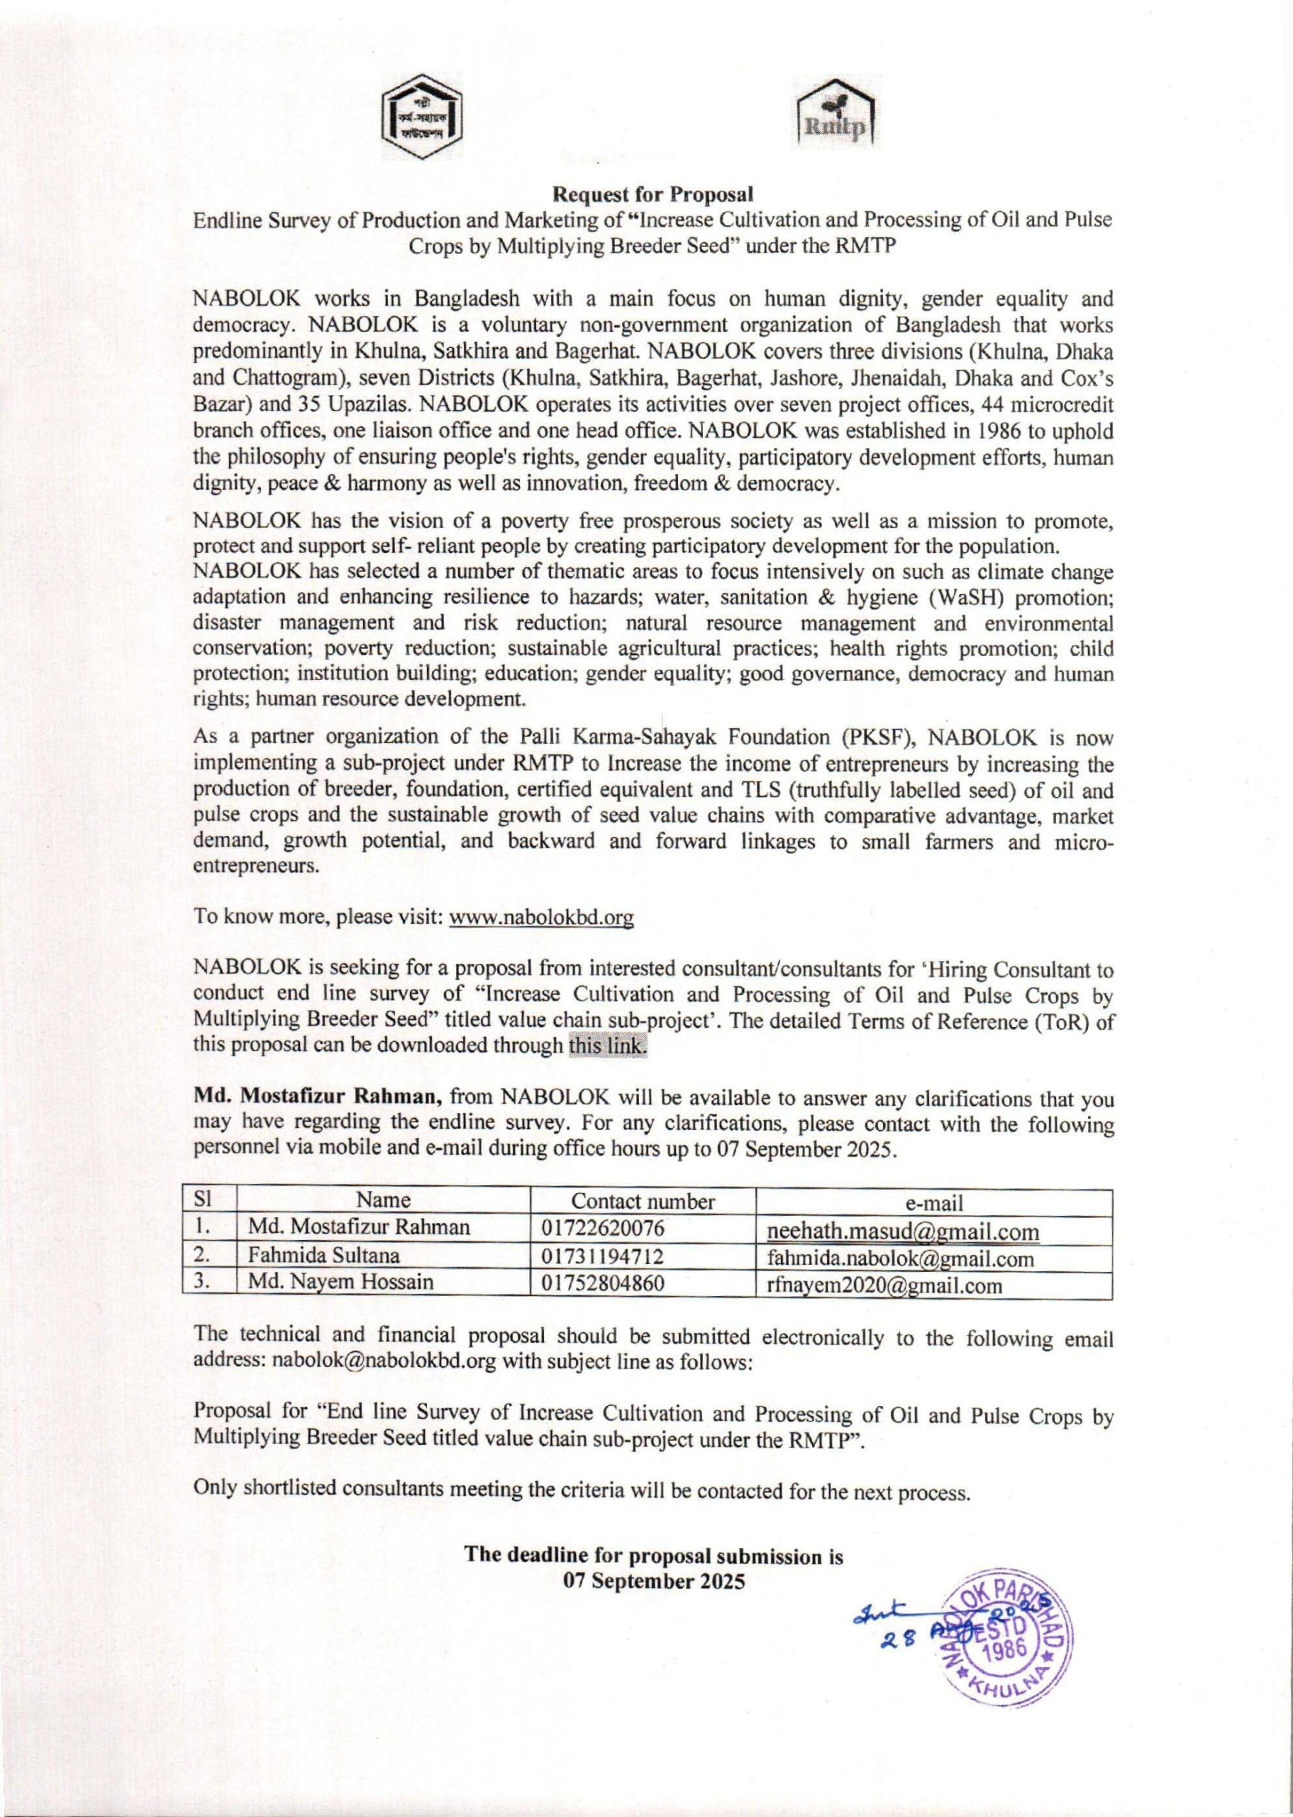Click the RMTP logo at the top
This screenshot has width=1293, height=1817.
[x=836, y=118]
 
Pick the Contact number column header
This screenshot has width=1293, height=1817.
[x=643, y=1201]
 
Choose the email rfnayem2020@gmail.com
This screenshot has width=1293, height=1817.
[x=884, y=1285]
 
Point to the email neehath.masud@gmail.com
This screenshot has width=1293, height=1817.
[x=903, y=1231]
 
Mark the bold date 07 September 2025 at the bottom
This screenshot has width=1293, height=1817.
[x=654, y=1581]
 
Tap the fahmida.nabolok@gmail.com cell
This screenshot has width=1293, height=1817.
[x=899, y=1258]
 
